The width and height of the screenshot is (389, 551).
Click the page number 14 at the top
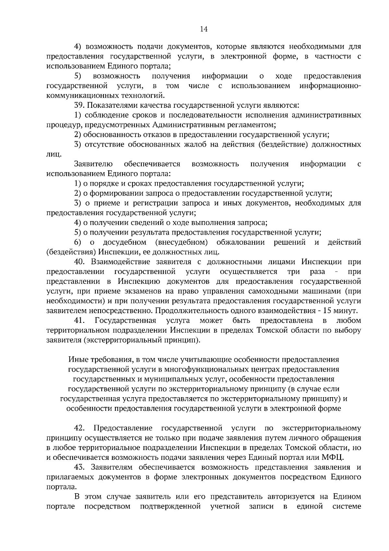tap(204, 30)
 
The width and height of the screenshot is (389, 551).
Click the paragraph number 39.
tap(79, 105)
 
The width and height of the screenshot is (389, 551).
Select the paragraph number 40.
tap(79, 262)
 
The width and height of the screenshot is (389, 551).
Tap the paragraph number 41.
tap(79, 321)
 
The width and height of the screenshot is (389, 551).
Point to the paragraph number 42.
tap(79, 428)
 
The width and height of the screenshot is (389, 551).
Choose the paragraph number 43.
tap(79, 467)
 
